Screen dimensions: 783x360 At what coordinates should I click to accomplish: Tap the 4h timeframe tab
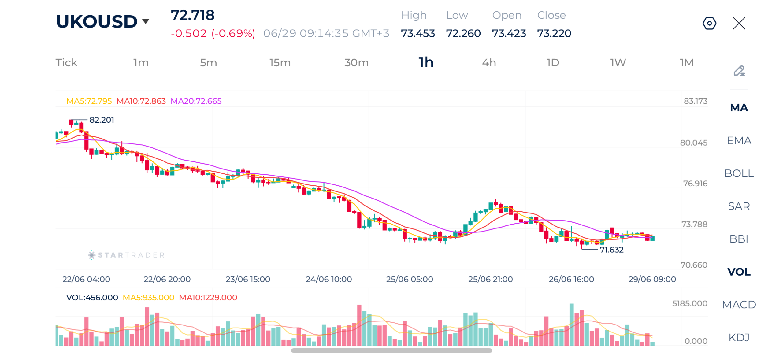tap(489, 63)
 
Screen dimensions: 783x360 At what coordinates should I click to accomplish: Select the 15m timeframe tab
tap(280, 63)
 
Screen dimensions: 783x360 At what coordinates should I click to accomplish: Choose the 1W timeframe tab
tap(618, 63)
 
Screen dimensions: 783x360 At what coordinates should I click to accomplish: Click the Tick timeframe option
tap(66, 63)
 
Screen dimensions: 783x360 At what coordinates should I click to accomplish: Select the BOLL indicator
tap(739, 173)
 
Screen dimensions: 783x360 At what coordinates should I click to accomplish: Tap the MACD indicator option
tap(739, 305)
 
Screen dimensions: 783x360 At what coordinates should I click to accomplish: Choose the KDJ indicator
tap(739, 337)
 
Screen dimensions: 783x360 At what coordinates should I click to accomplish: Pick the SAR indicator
tap(739, 206)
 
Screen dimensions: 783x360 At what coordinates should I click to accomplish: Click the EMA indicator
tap(739, 141)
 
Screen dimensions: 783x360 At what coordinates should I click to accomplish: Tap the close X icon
tap(739, 23)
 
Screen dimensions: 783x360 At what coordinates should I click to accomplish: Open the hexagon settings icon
tap(709, 23)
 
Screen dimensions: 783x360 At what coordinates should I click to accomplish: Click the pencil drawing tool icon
tap(739, 71)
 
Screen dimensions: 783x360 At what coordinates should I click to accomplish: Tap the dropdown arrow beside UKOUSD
tap(146, 21)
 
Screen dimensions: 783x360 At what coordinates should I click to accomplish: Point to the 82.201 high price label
tap(102, 120)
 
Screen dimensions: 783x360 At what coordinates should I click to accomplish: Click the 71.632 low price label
tap(611, 250)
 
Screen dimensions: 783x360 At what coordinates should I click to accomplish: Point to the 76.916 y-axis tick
tap(695, 184)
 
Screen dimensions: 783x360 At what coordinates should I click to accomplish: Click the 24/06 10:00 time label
tap(328, 279)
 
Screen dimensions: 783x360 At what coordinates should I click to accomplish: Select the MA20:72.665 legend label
tap(196, 101)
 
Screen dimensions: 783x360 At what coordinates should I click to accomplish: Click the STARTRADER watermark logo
tap(126, 255)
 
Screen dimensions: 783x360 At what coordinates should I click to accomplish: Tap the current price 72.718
tap(192, 15)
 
